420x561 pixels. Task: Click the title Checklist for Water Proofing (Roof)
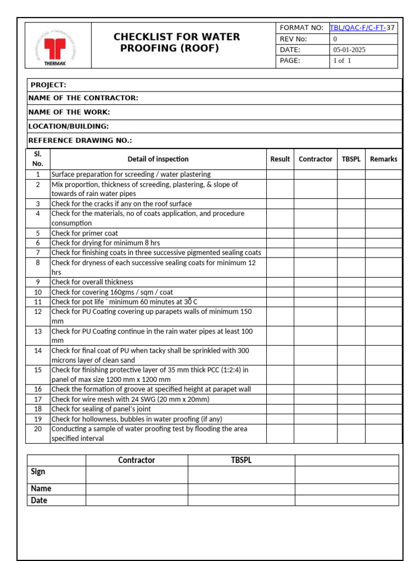(x=176, y=42)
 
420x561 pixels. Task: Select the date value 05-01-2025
(x=349, y=50)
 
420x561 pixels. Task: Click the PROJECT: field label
(x=48, y=85)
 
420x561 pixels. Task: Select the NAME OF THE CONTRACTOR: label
(x=83, y=98)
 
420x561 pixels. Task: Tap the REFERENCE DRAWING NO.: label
(x=80, y=140)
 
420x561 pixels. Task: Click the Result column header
(x=280, y=159)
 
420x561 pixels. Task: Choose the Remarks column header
(x=383, y=159)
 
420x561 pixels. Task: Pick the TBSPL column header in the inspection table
(x=351, y=159)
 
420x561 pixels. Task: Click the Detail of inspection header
(x=158, y=159)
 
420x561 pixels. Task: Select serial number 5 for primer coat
(x=38, y=233)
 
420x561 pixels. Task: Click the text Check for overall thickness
(x=92, y=282)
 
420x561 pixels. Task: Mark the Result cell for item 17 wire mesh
(x=280, y=399)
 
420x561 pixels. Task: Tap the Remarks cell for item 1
(x=383, y=174)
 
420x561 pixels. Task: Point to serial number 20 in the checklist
(x=38, y=429)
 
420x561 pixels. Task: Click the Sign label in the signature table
(x=38, y=472)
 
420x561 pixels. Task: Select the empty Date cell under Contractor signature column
(x=137, y=500)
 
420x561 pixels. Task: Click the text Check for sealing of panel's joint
(x=101, y=409)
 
